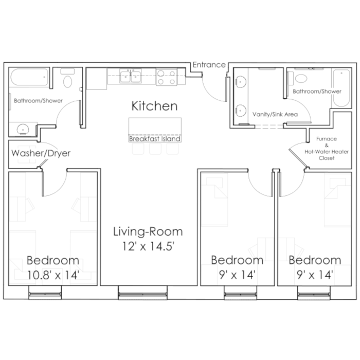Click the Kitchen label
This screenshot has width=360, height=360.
point(154,106)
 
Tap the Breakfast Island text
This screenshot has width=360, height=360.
point(155,139)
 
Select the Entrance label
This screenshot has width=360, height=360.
point(209,65)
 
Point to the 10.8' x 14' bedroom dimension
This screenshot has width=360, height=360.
point(53,275)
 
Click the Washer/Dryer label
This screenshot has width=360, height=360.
point(41,153)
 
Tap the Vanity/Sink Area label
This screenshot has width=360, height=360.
point(275,114)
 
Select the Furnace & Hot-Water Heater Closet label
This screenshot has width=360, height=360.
point(327,148)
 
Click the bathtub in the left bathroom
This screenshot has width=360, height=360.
point(29,77)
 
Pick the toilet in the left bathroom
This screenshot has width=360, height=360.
point(67,78)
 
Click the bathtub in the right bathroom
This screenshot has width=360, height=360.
point(341,88)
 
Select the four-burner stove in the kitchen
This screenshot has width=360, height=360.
point(167,77)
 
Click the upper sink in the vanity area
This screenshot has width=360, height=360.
point(240,82)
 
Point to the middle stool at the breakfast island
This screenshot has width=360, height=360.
point(155,149)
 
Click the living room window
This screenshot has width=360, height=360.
point(143,293)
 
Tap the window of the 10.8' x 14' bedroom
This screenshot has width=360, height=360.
point(45,293)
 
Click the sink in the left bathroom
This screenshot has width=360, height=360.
point(23,129)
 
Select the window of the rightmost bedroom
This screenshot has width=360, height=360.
point(314,293)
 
